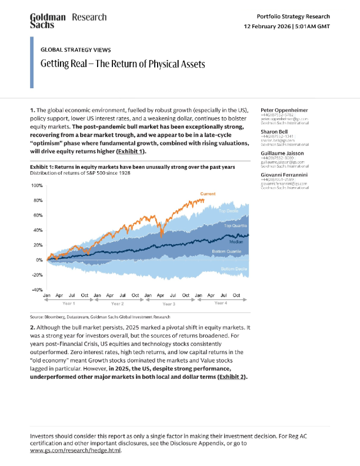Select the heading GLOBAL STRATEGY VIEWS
[75, 50]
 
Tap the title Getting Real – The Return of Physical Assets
[122, 64]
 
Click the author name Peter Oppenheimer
[285, 110]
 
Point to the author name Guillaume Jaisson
[282, 153]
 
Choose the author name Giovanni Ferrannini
[285, 175]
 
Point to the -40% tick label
[36, 290]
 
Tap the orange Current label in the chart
[208, 194]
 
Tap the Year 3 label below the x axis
[169, 304]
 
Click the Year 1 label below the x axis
[69, 303]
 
